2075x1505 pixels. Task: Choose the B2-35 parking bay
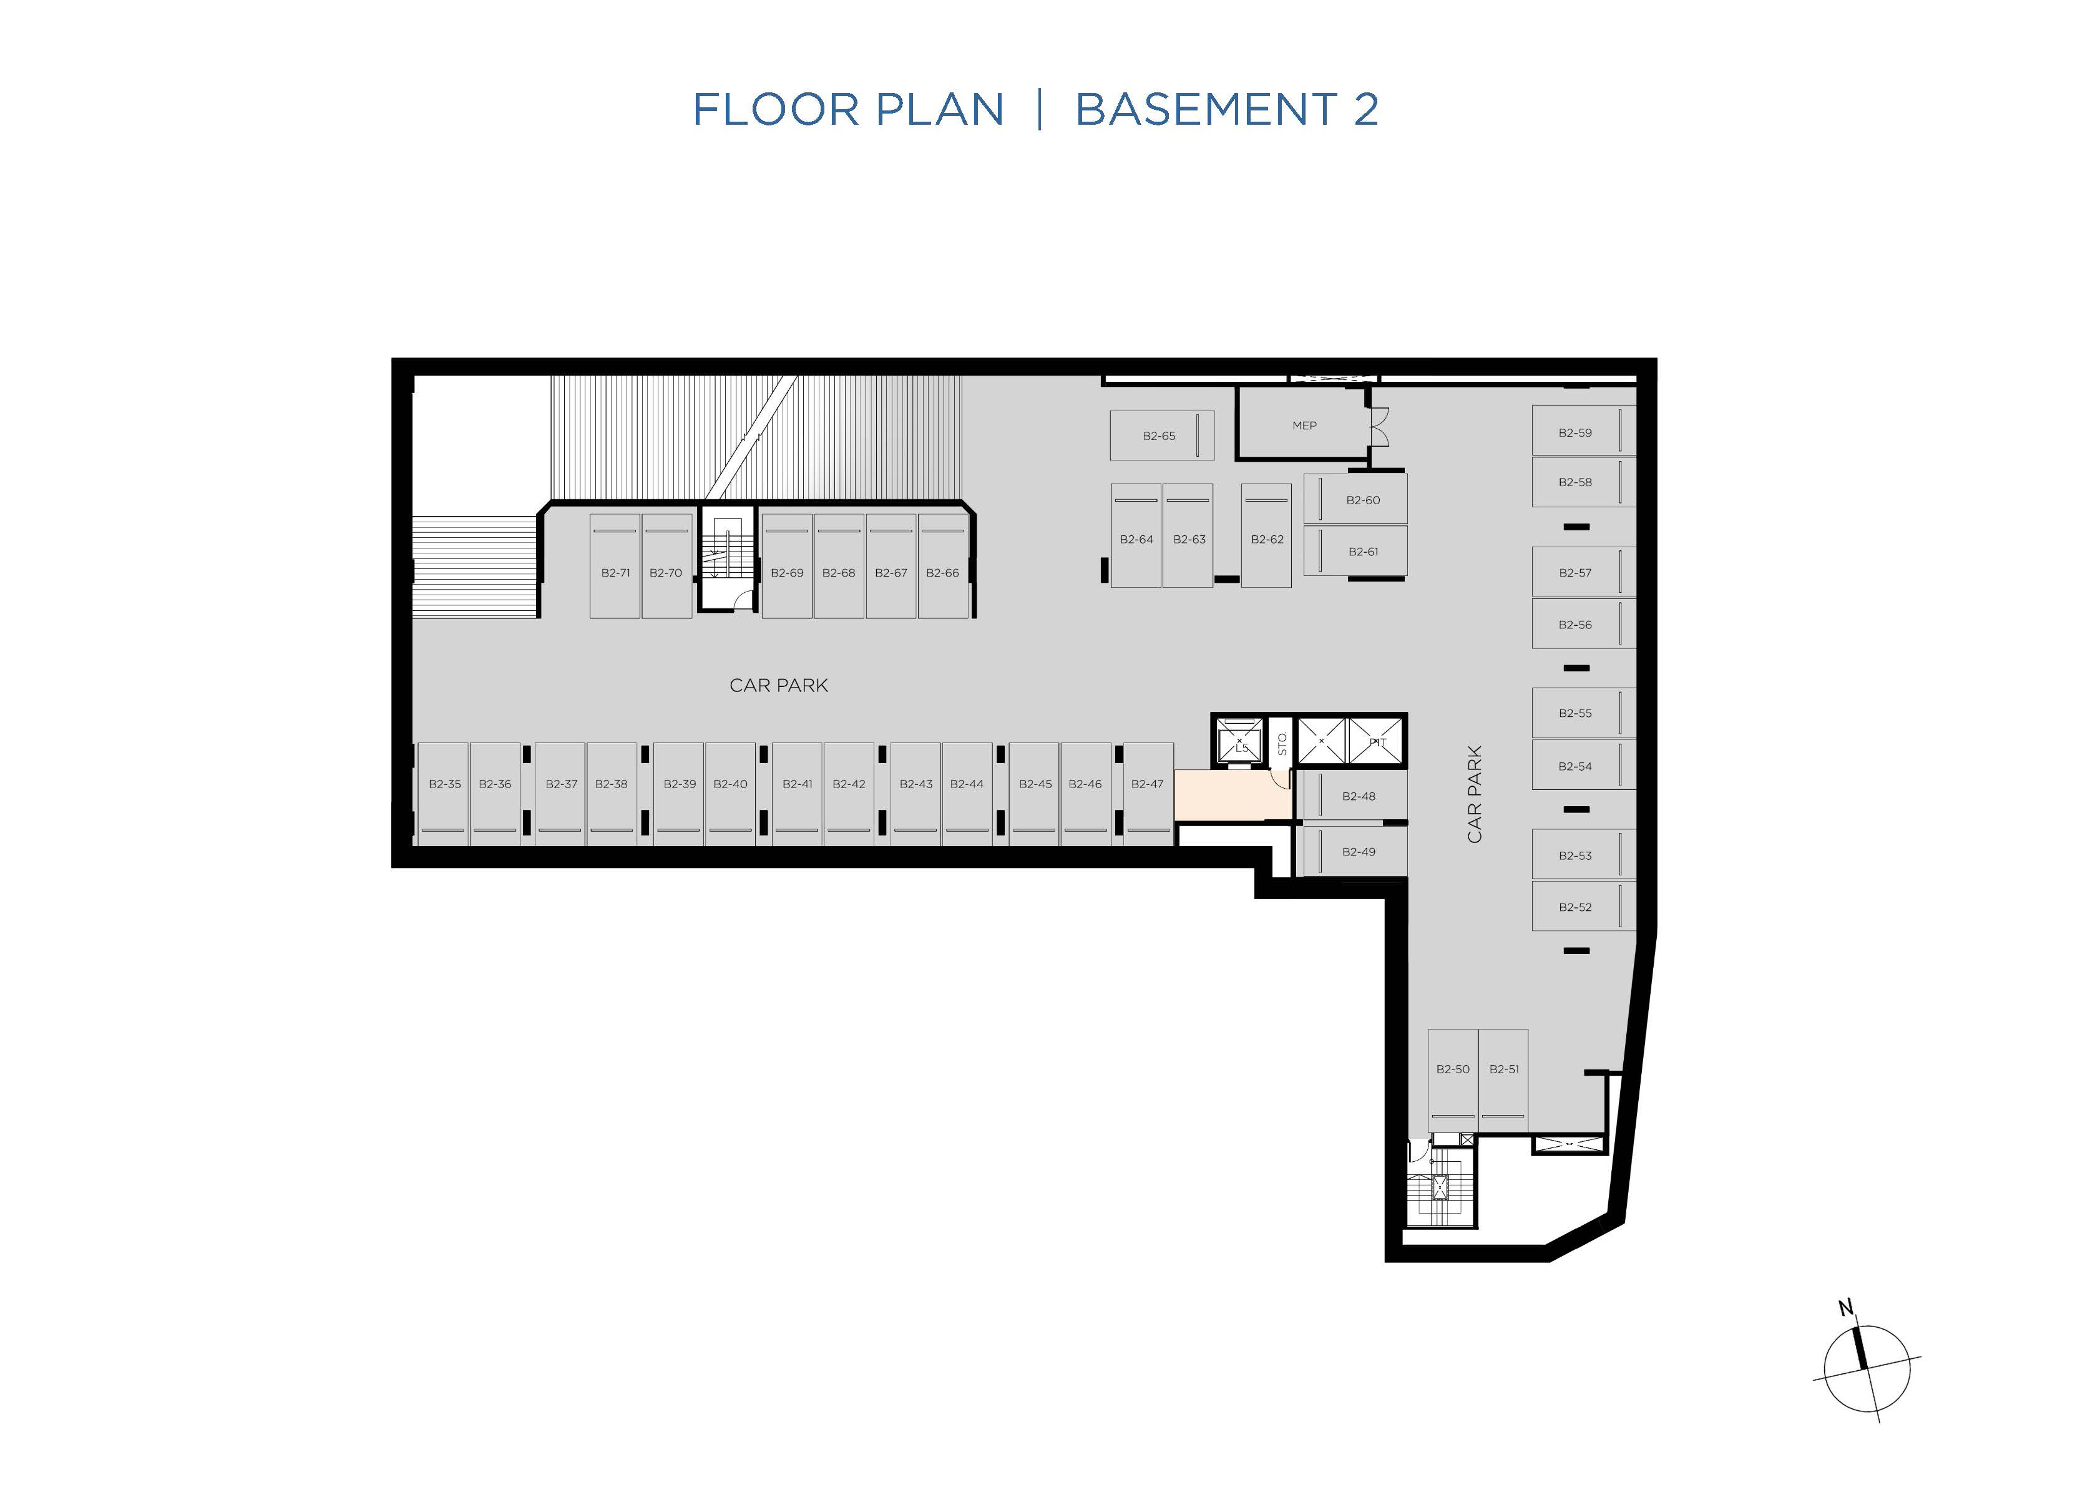point(444,793)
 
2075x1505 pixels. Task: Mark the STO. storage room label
point(1282,744)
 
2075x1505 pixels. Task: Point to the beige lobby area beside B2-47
point(1231,796)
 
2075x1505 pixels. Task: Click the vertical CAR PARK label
point(1474,794)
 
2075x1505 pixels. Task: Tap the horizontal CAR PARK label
point(779,685)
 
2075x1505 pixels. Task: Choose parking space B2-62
point(1266,535)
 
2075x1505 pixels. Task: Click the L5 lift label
point(1241,748)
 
